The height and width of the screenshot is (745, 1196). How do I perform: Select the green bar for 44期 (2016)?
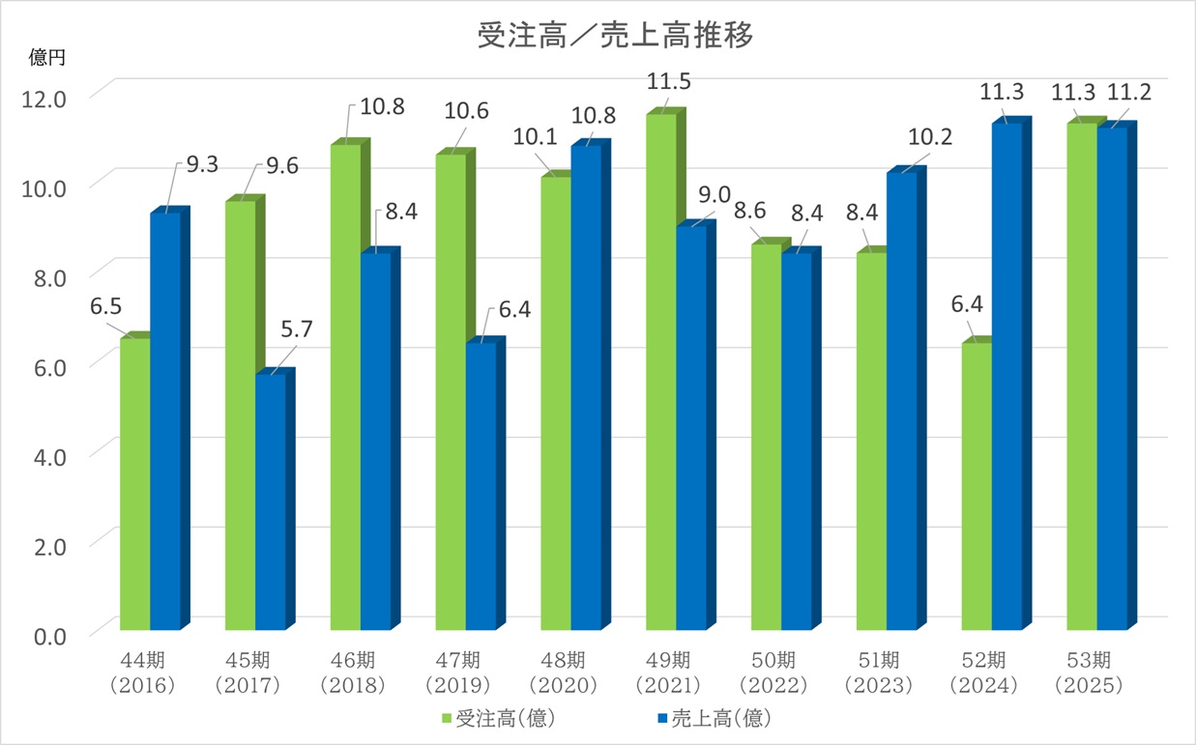[134, 483]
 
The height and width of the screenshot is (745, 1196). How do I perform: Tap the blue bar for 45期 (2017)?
[270, 502]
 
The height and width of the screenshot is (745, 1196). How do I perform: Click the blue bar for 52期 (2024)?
[1006, 377]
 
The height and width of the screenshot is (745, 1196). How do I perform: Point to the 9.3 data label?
[202, 164]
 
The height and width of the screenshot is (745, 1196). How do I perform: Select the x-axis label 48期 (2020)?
[564, 673]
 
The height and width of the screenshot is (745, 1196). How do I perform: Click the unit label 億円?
[47, 59]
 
